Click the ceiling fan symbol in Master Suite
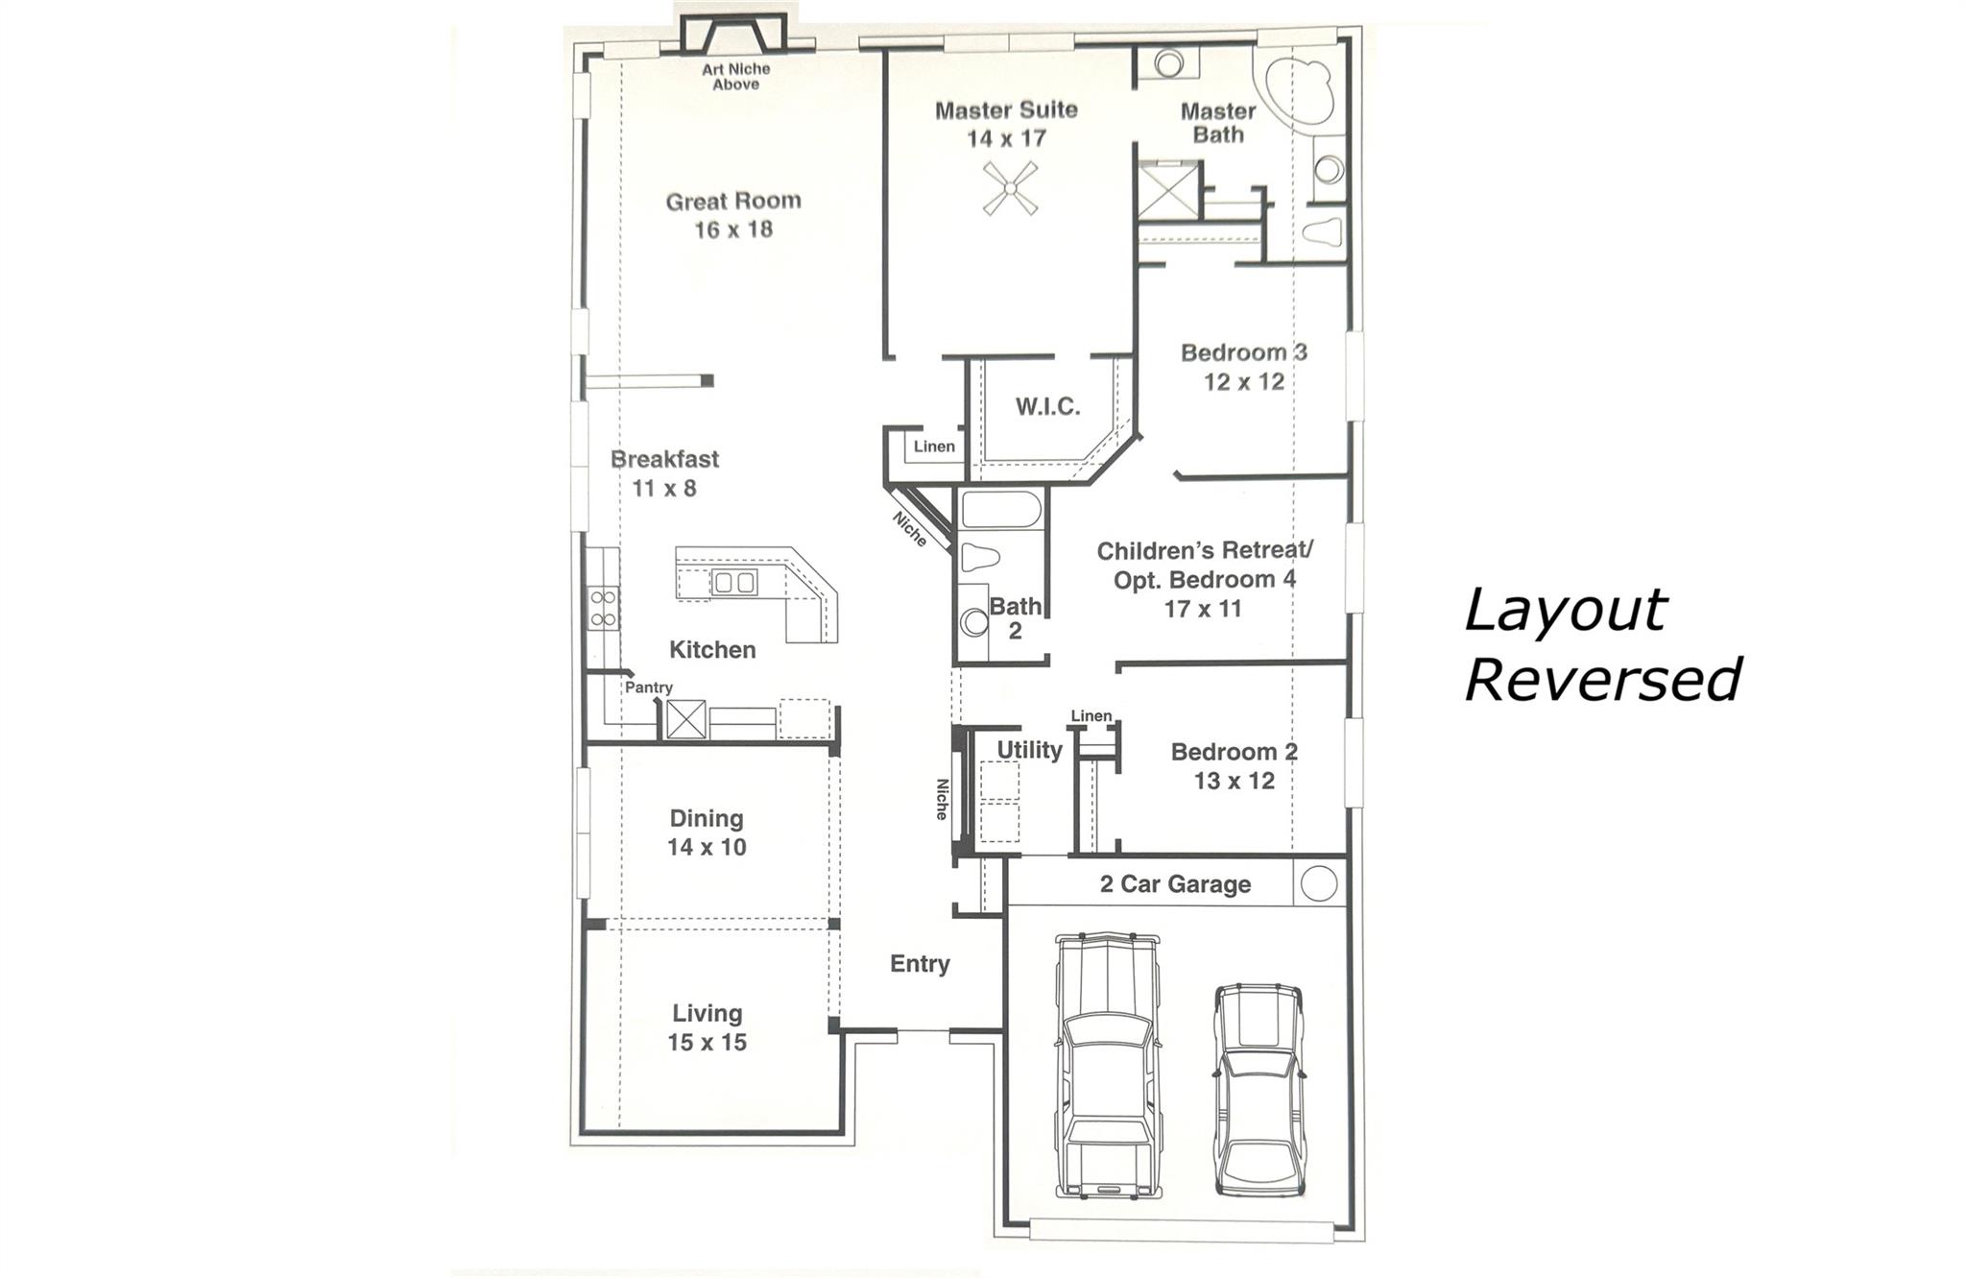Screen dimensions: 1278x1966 tap(1011, 188)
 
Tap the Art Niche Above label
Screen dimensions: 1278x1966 tap(735, 77)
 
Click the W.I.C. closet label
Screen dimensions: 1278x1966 tap(1047, 406)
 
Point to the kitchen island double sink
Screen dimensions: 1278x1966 tap(733, 582)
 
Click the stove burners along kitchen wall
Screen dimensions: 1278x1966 tap(604, 609)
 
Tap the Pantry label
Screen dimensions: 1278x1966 tap(649, 687)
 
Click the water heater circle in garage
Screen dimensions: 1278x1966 tap(1318, 883)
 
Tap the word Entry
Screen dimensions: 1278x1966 tap(919, 963)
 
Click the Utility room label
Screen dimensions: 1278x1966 tap(1029, 750)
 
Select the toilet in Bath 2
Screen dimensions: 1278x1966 tap(980, 558)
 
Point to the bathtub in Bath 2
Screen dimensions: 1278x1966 tap(1000, 510)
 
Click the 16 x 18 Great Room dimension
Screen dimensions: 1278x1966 tap(733, 229)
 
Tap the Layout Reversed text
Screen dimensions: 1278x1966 tap(1601, 644)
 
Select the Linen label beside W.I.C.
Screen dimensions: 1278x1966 tap(933, 446)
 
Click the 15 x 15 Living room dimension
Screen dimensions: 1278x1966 tap(707, 1042)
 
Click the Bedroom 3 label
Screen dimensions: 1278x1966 tap(1243, 352)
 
